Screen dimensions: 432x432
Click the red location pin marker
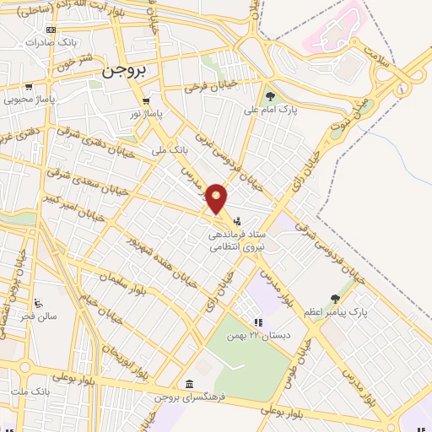pyautogui.click(x=217, y=198)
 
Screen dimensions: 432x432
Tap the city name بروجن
pyautogui.click(x=124, y=73)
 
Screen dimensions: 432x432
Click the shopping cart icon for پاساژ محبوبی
pyautogui.click(x=30, y=86)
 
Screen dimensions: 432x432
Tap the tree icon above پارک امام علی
pyautogui.click(x=270, y=96)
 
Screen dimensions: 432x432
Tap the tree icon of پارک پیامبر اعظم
pyautogui.click(x=335, y=298)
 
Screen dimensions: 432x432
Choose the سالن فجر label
pyautogui.click(x=40, y=316)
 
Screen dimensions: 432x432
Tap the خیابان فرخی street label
pyautogui.click(x=207, y=85)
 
